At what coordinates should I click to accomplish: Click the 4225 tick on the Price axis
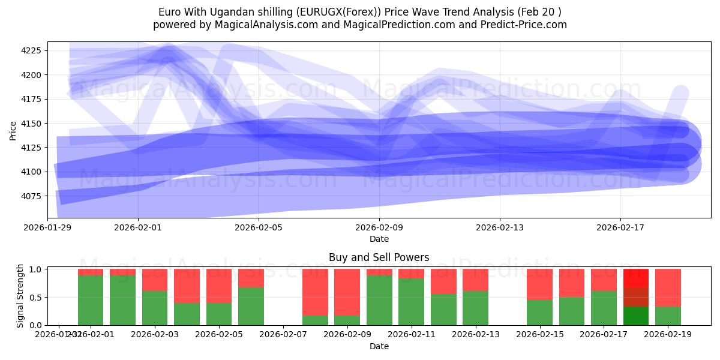click(31, 50)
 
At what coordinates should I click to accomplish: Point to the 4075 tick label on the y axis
click(31, 196)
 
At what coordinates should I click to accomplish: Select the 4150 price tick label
click(31, 124)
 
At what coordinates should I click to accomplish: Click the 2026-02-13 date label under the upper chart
click(500, 227)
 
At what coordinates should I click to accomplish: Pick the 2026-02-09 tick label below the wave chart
click(379, 227)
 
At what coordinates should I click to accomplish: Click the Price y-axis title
click(13, 130)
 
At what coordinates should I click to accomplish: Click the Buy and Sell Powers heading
click(379, 257)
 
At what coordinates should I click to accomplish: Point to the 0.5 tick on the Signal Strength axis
click(35, 298)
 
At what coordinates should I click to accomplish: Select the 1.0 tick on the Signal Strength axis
click(35, 269)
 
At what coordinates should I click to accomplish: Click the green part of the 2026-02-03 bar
click(155, 308)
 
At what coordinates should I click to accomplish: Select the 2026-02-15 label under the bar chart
click(539, 335)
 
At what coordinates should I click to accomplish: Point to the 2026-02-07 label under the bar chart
click(283, 335)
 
